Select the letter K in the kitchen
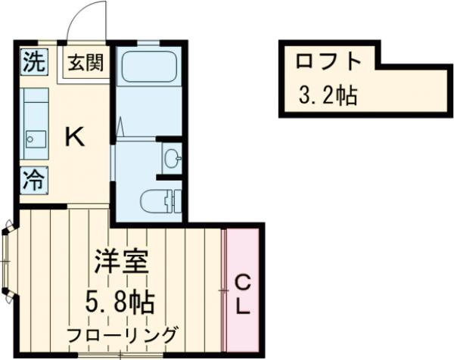tap(74, 137)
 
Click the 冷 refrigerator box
tap(33, 180)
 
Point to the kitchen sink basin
tap(34, 138)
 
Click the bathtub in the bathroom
tap(148, 67)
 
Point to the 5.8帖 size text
tap(120, 303)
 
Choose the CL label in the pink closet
tap(242, 295)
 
